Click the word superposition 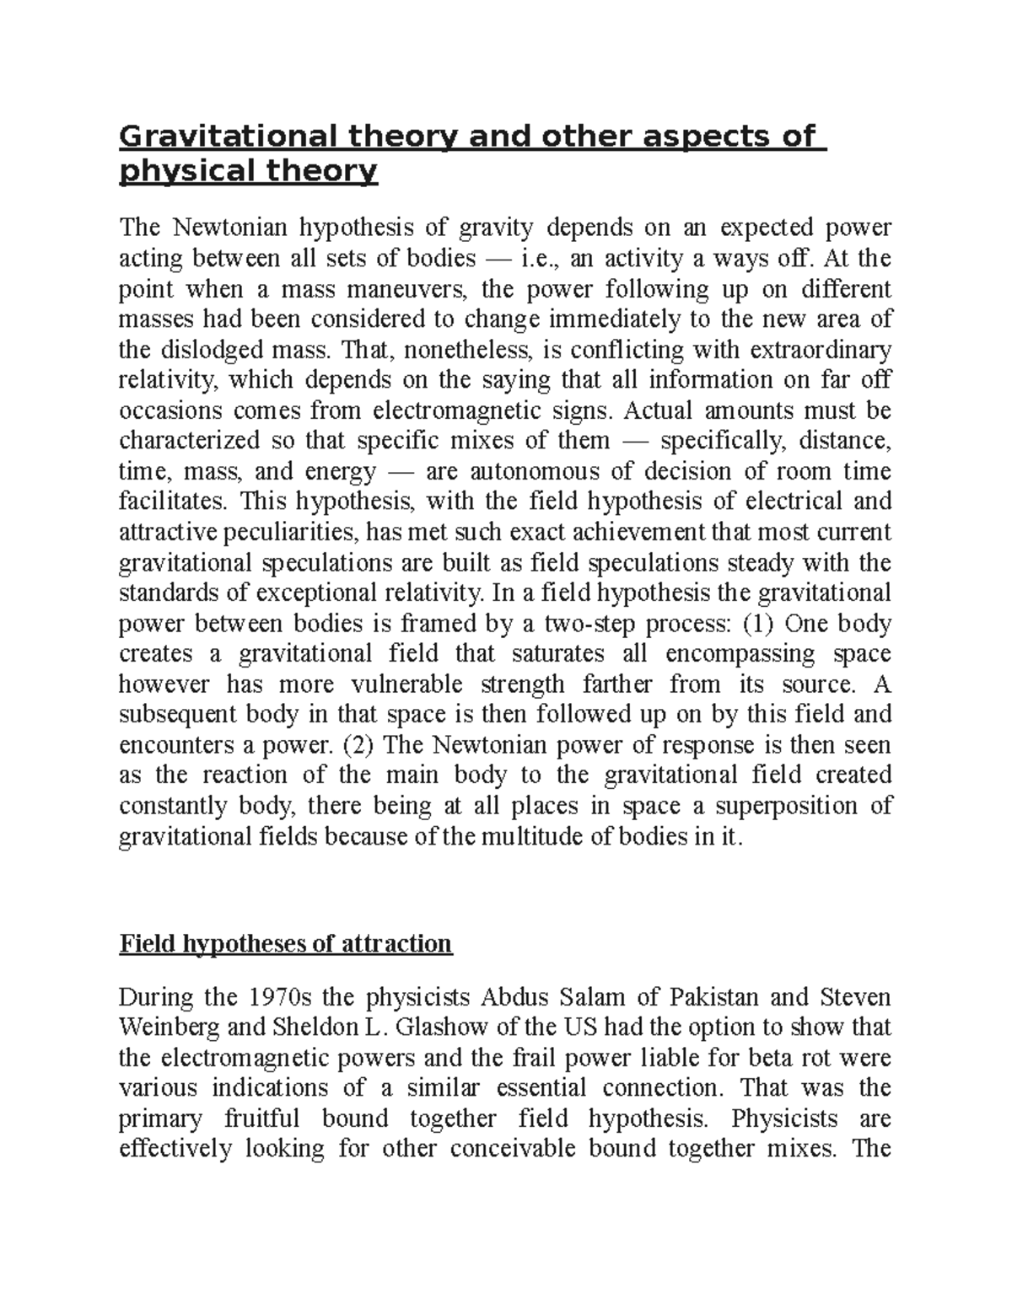785,806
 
